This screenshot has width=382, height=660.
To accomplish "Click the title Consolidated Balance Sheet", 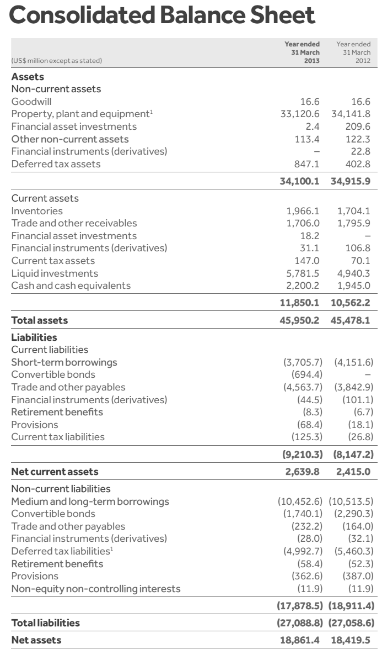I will (x=163, y=15).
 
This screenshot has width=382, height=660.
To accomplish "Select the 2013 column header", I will (x=302, y=52).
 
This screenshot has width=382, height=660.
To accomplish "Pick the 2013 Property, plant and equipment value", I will (x=301, y=114).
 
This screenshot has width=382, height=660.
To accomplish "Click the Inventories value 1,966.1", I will (x=303, y=210).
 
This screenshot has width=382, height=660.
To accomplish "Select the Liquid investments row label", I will (x=55, y=273).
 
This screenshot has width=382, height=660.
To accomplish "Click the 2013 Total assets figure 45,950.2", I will (x=300, y=320).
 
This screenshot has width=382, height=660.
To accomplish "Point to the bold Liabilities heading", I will (x=34, y=337).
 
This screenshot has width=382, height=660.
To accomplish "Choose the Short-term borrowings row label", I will (x=64, y=362).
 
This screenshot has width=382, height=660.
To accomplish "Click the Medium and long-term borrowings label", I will (x=90, y=501).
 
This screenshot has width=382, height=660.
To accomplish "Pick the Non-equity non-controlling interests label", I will (x=96, y=589).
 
